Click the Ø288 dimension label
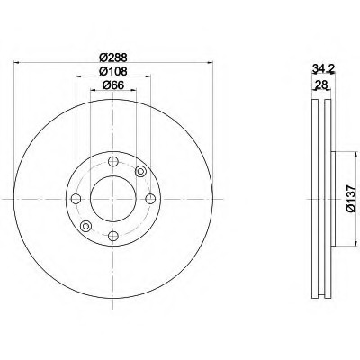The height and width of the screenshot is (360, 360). pos(113,57)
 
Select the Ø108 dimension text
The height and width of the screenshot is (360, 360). pos(113,71)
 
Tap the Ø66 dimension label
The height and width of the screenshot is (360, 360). pos(113,85)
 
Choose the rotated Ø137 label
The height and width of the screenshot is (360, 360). pos(351,199)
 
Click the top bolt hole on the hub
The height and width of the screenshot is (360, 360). pos(113,162)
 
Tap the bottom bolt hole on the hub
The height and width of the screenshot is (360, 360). pos(113,236)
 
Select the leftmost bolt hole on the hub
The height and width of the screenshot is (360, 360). pos(76,199)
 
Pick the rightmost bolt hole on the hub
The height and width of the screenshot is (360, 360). pos(150,199)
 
